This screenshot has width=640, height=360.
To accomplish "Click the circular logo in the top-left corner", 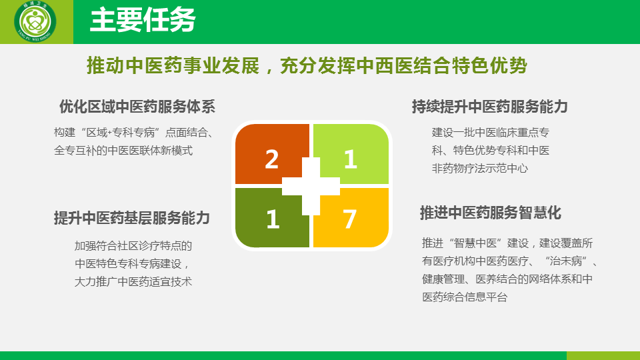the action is click(35, 21).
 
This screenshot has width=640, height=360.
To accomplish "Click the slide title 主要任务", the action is click(143, 19).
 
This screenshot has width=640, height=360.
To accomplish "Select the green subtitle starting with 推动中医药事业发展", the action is click(307, 66).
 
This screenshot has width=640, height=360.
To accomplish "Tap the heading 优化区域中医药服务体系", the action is click(137, 107).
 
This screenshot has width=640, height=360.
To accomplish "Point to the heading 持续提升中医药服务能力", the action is click(490, 107).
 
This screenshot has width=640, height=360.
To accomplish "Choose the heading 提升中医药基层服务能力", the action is click(132, 218).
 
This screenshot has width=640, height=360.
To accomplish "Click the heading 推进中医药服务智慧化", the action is click(491, 213).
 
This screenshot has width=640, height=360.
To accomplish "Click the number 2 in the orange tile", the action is click(272, 159).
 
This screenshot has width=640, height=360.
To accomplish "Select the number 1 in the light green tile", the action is click(351, 159).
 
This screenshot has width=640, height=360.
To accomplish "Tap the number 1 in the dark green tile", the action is click(273, 219).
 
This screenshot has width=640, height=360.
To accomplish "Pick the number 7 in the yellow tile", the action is click(350, 219).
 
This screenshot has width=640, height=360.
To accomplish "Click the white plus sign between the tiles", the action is click(311, 187).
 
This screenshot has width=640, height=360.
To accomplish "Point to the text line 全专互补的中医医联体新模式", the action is click(123, 151).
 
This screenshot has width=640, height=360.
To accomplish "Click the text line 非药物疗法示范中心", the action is click(480, 169).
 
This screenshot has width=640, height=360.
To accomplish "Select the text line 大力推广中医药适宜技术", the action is click(133, 281).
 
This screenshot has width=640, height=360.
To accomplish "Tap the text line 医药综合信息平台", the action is click(465, 297).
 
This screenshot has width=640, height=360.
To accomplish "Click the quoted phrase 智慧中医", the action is click(475, 243).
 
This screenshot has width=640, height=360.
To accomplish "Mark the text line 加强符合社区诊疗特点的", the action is click(133, 246).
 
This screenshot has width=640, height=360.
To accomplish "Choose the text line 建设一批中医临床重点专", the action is click(491, 133).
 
